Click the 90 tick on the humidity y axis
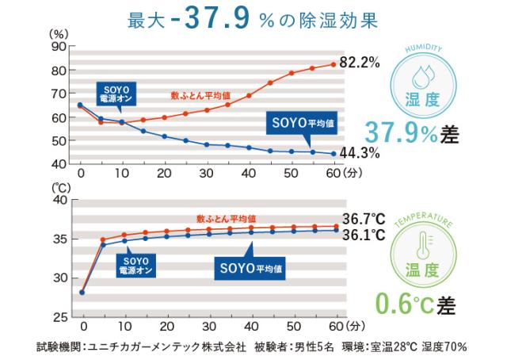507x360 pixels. [x=58, y=46]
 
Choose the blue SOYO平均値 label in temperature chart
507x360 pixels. [x=251, y=269]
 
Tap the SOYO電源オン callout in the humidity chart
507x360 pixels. [x=115, y=94]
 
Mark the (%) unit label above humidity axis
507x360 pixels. [x=59, y=33]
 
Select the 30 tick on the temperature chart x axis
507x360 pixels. [x=207, y=325]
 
